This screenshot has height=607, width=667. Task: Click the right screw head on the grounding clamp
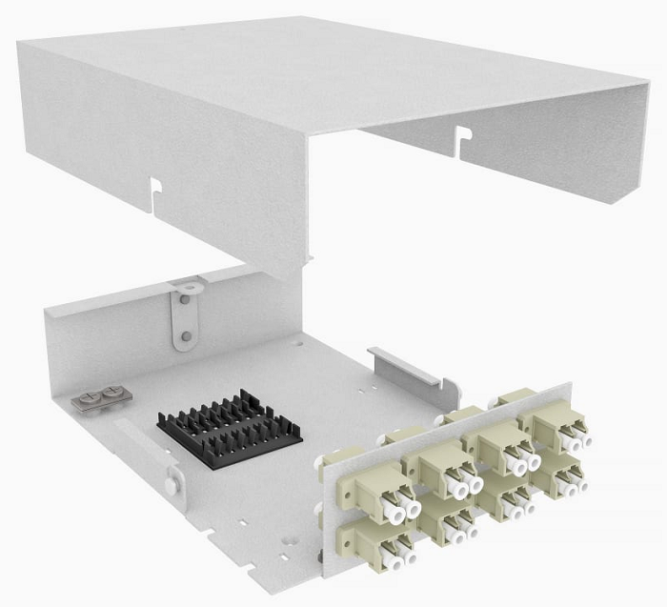[x=112, y=390]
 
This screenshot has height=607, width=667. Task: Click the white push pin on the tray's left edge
[x=169, y=485]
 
